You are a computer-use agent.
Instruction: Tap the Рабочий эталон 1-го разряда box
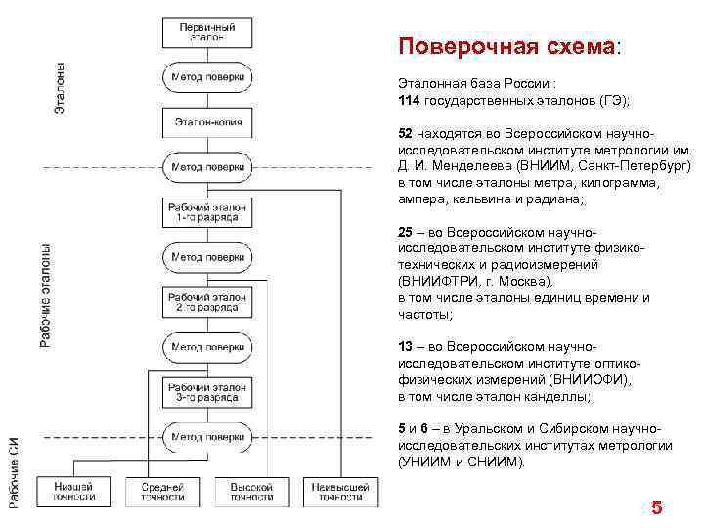(x=207, y=211)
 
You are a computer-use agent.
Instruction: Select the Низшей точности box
(x=75, y=491)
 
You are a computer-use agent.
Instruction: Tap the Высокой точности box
(x=251, y=491)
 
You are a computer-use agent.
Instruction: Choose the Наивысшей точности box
(x=339, y=491)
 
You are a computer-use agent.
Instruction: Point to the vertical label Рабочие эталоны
(x=45, y=294)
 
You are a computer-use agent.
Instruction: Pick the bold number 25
(x=405, y=233)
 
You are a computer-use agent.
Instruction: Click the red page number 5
(x=656, y=507)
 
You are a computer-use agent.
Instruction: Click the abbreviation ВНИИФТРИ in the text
(x=437, y=281)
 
